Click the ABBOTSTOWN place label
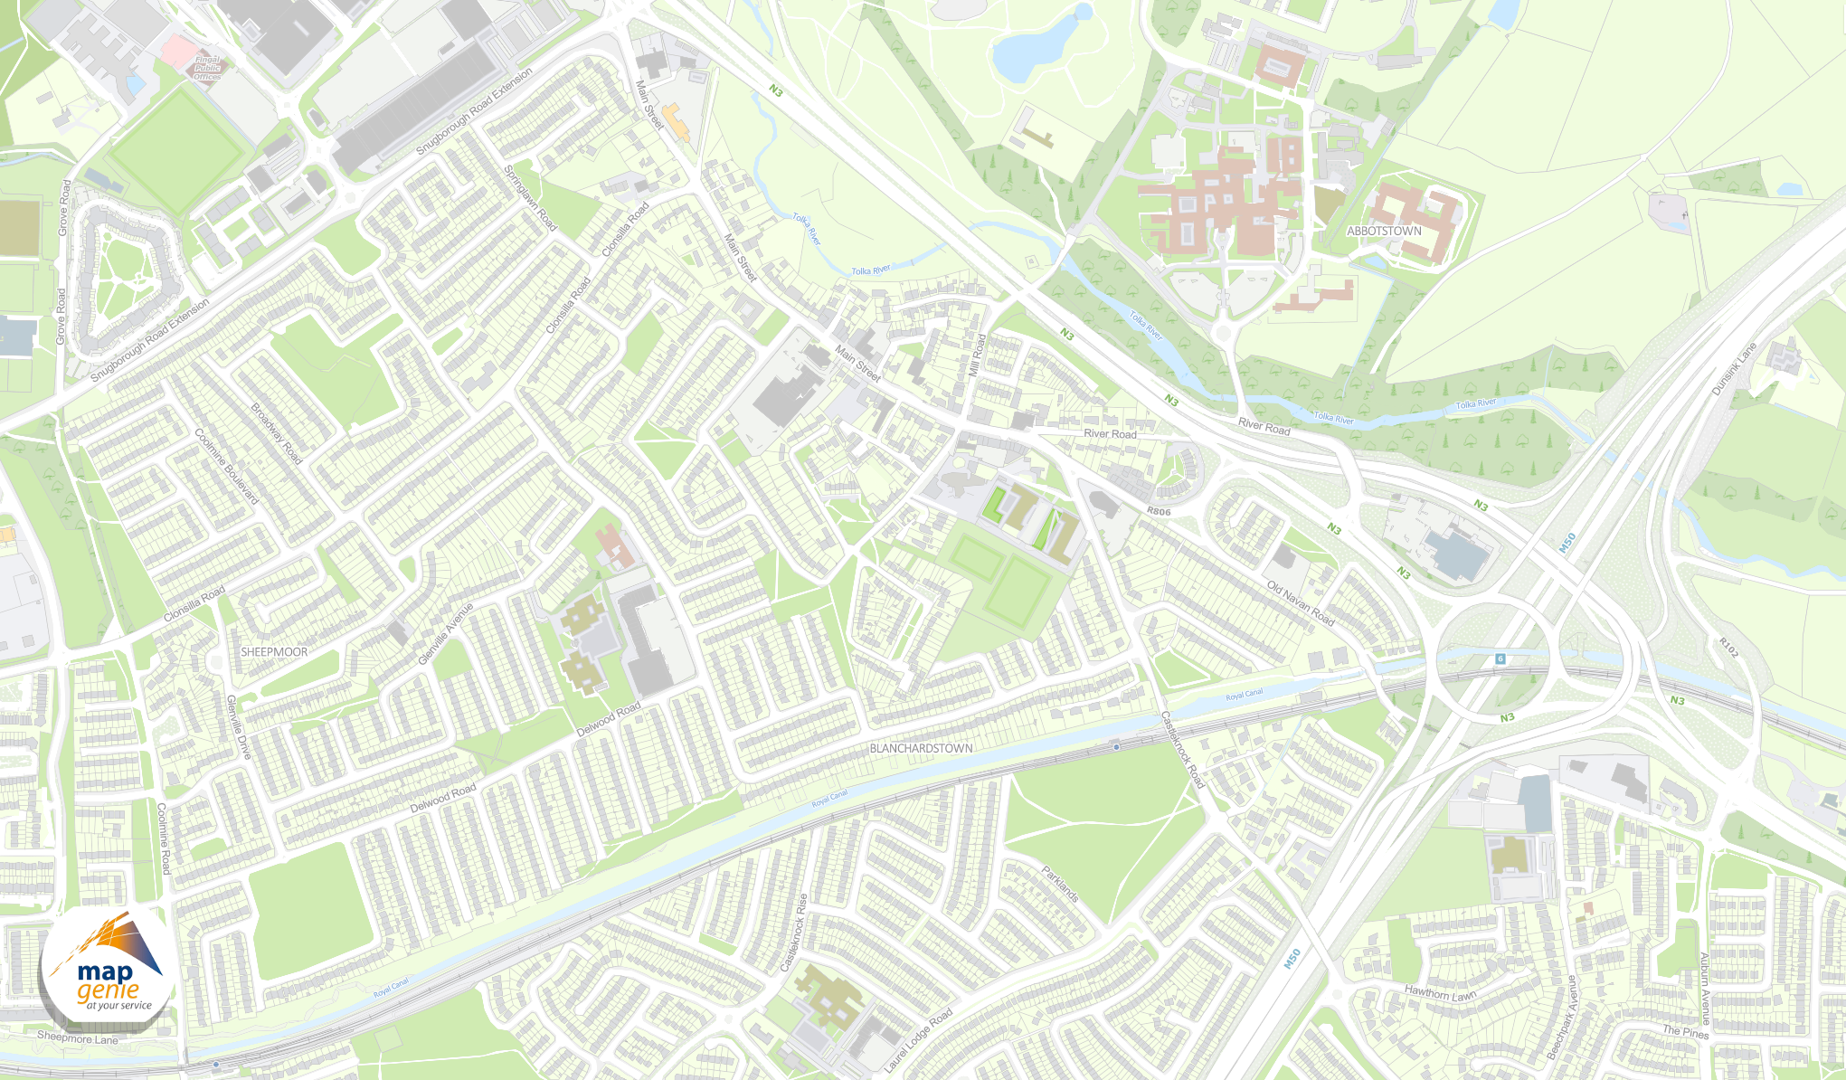point(1384,232)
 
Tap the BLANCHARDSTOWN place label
point(921,749)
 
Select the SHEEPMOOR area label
point(274,652)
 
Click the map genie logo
point(107,973)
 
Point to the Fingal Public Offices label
point(207,69)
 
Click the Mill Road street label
point(976,355)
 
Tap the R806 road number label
point(1159,512)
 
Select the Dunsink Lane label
point(1733,369)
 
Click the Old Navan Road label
point(1301,603)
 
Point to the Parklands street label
point(1060,884)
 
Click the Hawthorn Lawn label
point(1440,993)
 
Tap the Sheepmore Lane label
point(78,1037)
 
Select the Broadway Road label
point(276,434)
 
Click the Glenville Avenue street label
point(445,634)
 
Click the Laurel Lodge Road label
point(917,1041)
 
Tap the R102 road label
point(1728,648)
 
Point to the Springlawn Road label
point(530,197)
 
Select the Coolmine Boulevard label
point(226,467)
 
